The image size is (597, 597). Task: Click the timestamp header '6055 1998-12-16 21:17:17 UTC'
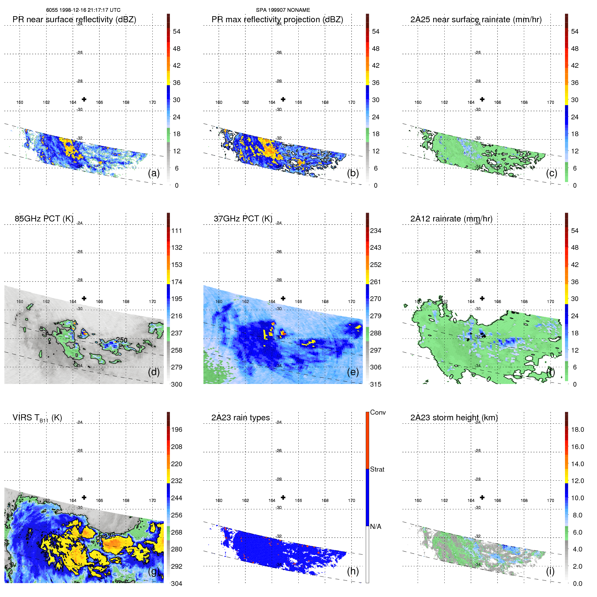[x=83, y=10]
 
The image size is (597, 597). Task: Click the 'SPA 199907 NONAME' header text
[x=283, y=10]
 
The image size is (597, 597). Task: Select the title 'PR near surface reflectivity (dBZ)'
[x=74, y=20]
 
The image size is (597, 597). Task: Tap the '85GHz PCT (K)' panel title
[x=44, y=219]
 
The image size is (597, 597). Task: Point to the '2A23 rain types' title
[x=240, y=418]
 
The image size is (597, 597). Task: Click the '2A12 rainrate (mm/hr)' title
[x=451, y=219]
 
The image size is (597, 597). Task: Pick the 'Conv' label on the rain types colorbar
[x=378, y=412]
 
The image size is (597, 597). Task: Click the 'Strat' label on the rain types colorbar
[x=377, y=469]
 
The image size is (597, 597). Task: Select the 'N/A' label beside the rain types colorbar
[x=376, y=527]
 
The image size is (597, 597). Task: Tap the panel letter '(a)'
[x=154, y=173]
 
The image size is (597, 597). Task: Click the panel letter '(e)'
[x=353, y=372]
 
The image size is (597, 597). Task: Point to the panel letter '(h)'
[x=353, y=571]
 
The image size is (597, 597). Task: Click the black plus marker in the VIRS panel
[x=84, y=498]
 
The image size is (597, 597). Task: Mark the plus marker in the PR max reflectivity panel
[x=283, y=99]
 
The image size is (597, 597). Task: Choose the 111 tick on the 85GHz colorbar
[x=176, y=231]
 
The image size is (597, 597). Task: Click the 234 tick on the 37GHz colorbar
[x=376, y=231]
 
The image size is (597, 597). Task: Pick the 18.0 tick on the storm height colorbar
[x=577, y=429]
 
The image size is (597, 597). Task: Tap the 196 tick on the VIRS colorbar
[x=176, y=429]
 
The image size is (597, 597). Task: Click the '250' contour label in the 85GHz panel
[x=121, y=340]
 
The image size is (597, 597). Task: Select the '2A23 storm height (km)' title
[x=454, y=418]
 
